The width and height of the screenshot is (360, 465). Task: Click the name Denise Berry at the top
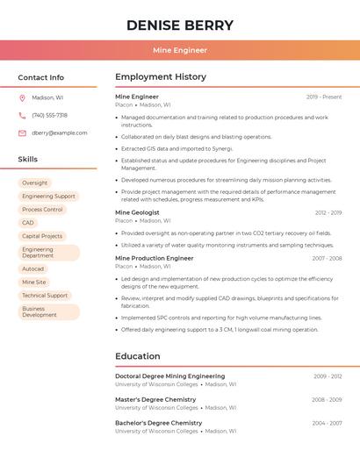[180, 25]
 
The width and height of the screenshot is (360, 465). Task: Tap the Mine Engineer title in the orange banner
[180, 50]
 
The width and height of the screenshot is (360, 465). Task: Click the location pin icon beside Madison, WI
[22, 98]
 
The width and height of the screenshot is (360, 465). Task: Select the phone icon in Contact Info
[22, 116]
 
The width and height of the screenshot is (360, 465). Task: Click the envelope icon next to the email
[22, 133]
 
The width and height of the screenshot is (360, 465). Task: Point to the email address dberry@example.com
[60, 133]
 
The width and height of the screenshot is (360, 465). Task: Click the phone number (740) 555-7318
[49, 116]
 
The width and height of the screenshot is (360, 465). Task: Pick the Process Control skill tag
[42, 210]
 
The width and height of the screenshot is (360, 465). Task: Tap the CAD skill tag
[28, 223]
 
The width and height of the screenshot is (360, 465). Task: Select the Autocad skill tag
[32, 269]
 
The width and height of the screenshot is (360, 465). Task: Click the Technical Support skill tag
[45, 296]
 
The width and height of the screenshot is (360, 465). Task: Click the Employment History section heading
[161, 77]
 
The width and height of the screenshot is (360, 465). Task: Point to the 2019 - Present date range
[324, 97]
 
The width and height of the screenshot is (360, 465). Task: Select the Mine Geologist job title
[137, 212]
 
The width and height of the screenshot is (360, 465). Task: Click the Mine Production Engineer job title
[155, 259]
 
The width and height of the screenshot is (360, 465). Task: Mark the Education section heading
[138, 356]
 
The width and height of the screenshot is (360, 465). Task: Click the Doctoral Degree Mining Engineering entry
[170, 376]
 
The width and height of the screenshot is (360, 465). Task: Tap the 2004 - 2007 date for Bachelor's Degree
[327, 423]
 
